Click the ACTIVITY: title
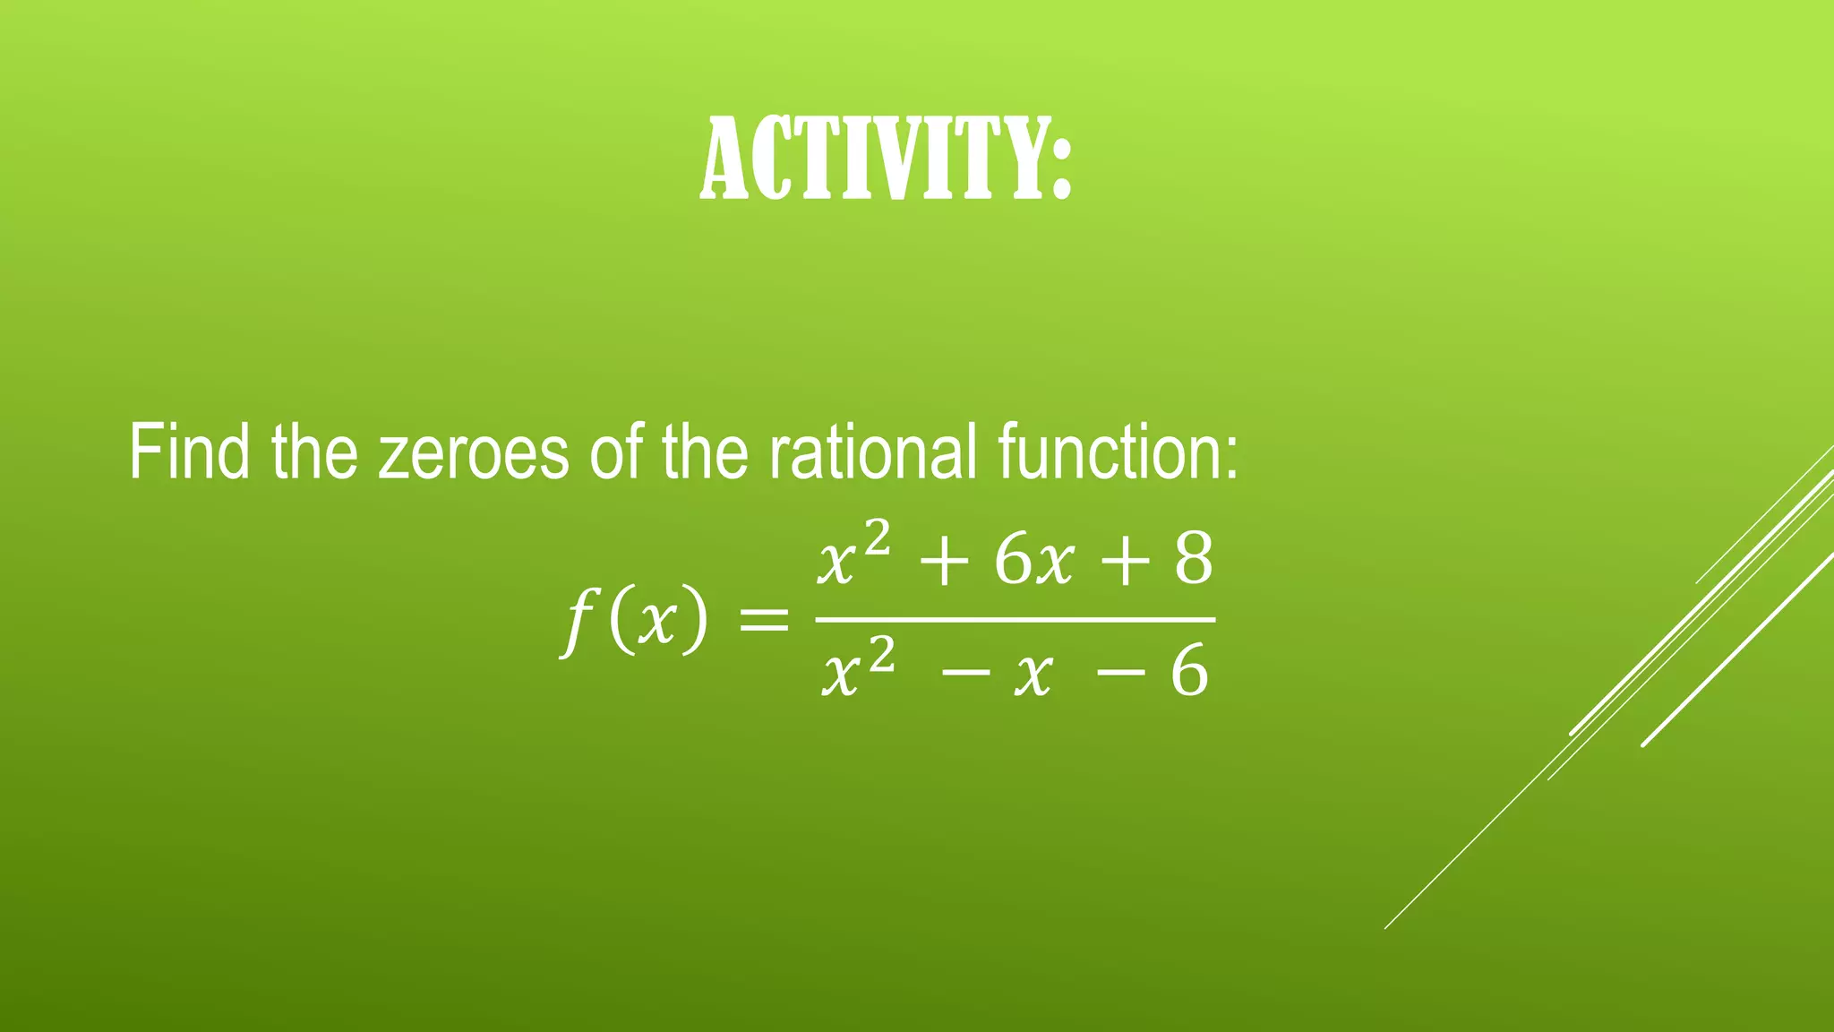pyautogui.click(x=885, y=161)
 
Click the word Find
pyautogui.click(x=189, y=452)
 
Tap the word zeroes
pyautogui.click(x=473, y=452)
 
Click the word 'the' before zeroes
pyautogui.click(x=314, y=452)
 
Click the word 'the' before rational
pyautogui.click(x=704, y=452)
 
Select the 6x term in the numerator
pyautogui.click(x=1033, y=562)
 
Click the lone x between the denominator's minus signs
pyautogui.click(x=1033, y=675)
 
